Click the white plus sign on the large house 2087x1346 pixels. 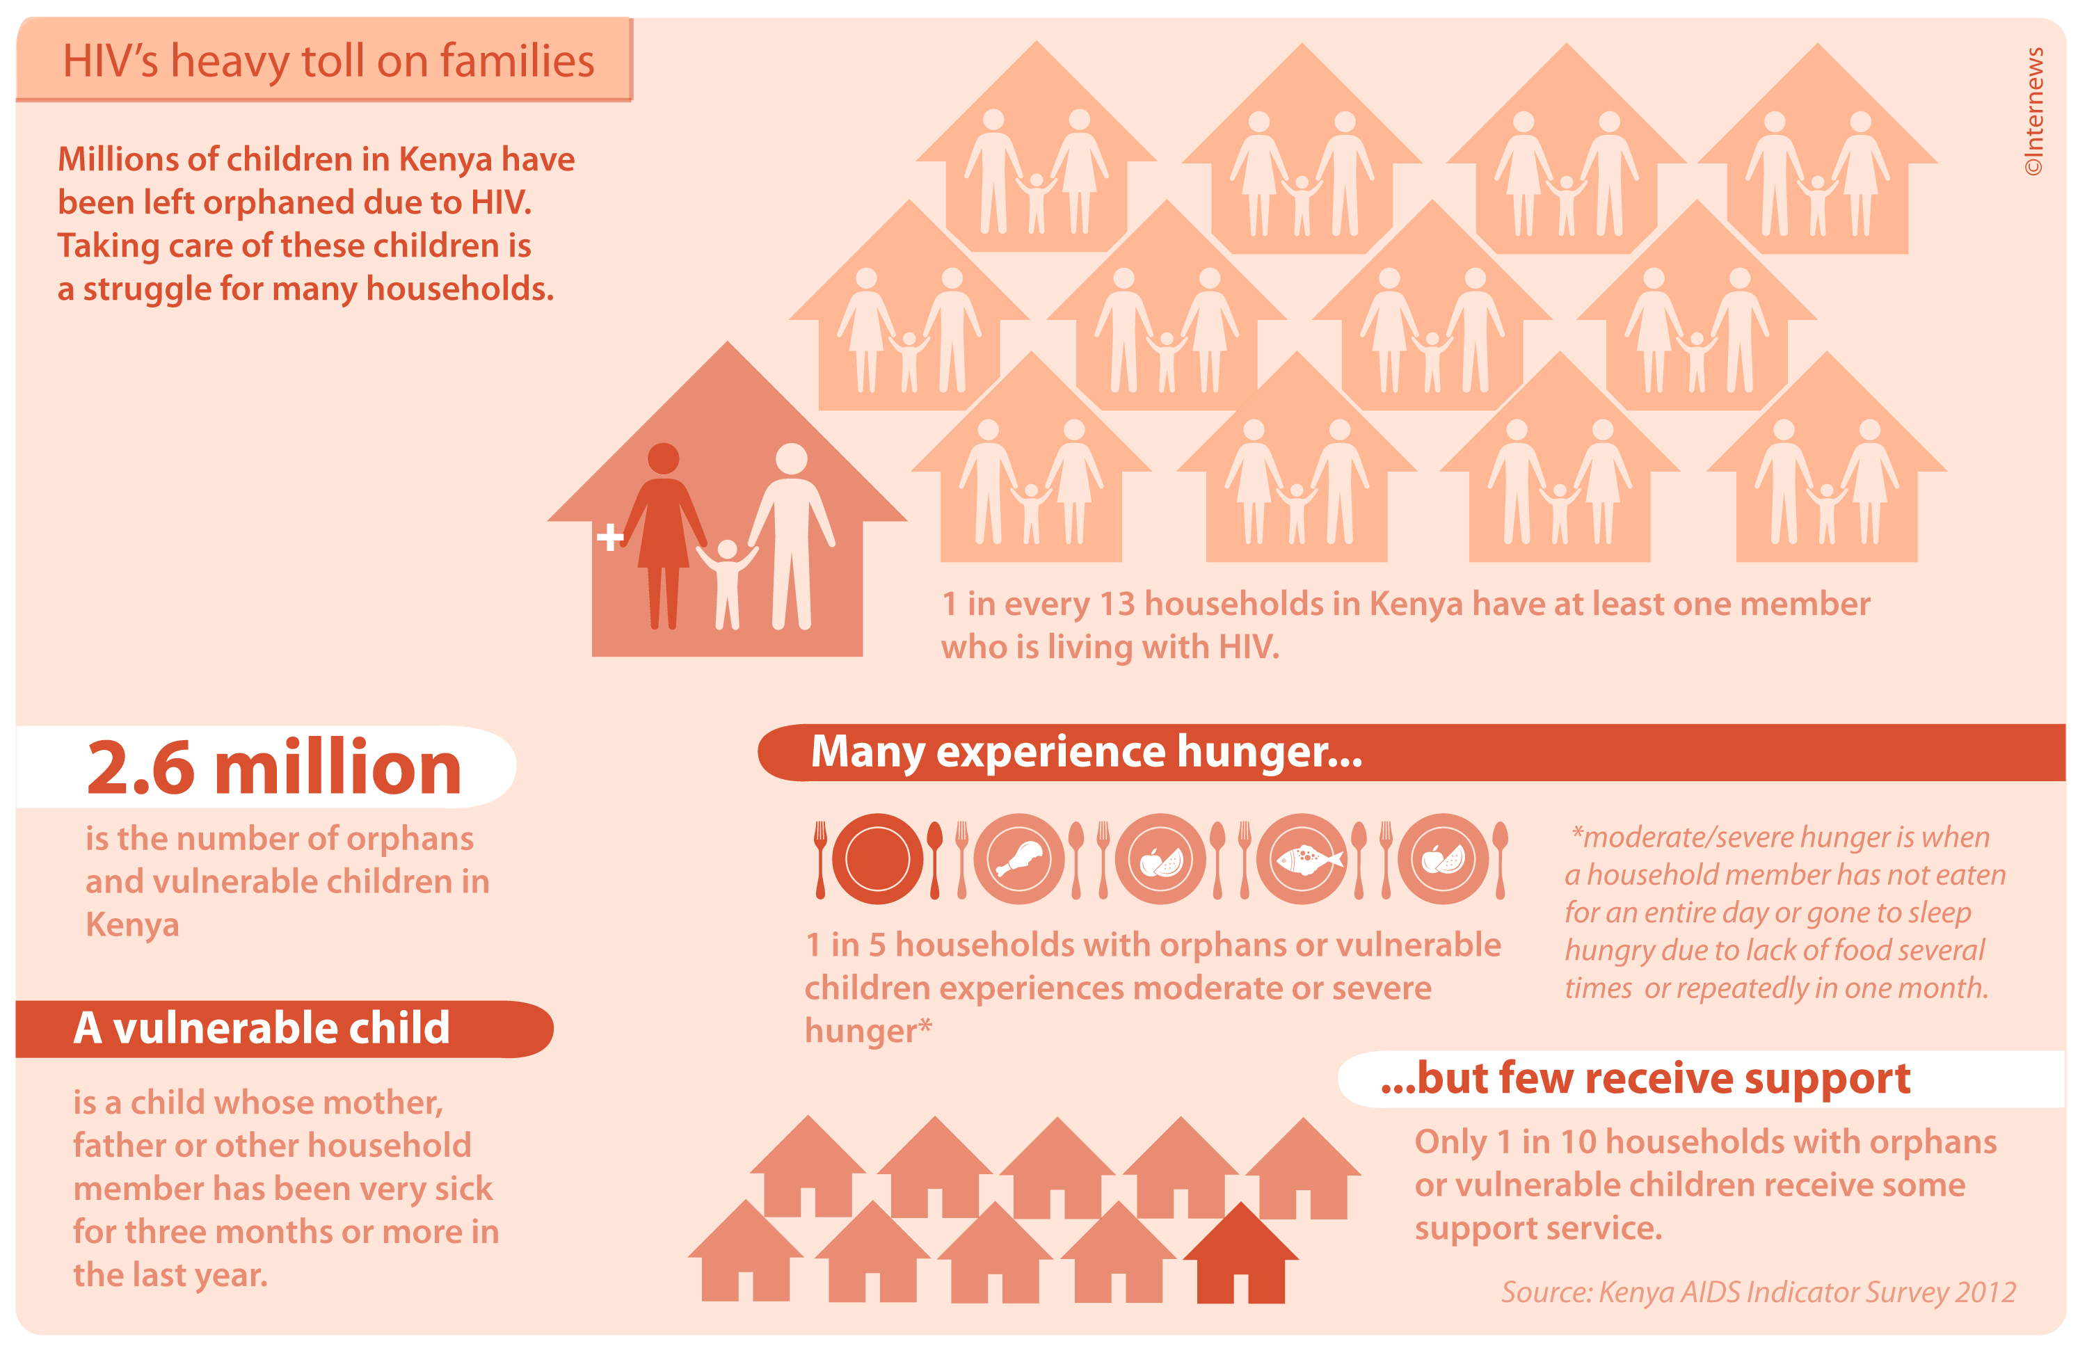(610, 536)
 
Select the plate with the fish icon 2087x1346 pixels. (1302, 859)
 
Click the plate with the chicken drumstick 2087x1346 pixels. (1019, 859)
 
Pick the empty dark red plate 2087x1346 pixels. (877, 859)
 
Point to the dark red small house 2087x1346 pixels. (1240, 1253)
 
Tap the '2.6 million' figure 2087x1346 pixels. (273, 767)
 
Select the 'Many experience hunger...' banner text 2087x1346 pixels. (1087, 752)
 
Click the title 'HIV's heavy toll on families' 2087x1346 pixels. (328, 61)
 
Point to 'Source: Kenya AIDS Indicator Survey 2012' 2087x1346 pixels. (1759, 1292)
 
